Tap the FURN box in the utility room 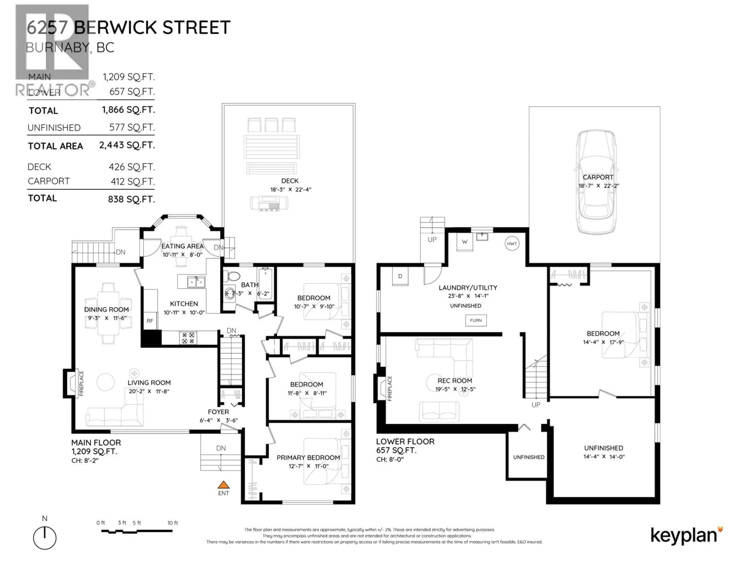pos(476,321)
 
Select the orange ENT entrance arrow pos(223,485)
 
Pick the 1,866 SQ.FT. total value pos(128,110)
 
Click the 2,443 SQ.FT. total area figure pos(127,145)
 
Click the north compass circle pos(45,538)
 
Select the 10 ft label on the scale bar pos(173,523)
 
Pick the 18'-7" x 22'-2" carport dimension pos(599,186)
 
